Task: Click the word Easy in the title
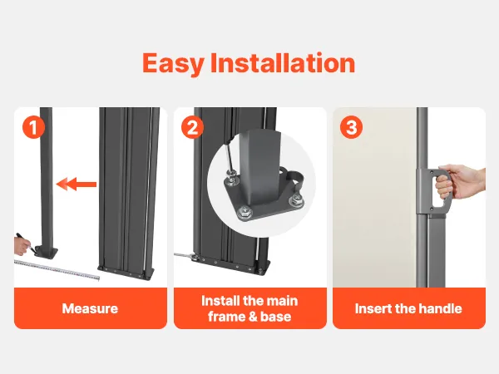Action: click(172, 64)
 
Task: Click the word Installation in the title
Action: click(283, 62)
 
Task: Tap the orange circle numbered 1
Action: click(33, 127)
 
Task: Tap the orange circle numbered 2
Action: click(192, 127)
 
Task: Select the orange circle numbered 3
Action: click(351, 127)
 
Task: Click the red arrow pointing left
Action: click(77, 185)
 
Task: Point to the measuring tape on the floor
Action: click(57, 269)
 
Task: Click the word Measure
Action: click(90, 308)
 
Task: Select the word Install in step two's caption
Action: click(220, 301)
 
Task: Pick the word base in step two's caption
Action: click(275, 317)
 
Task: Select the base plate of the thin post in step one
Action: click(47, 251)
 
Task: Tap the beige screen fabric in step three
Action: click(375, 197)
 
